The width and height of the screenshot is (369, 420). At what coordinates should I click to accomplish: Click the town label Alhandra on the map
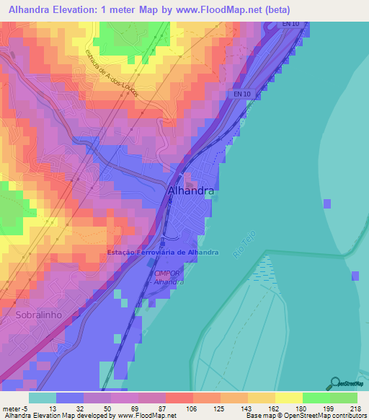coord(190,192)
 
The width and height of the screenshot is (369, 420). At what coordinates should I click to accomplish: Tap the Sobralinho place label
coord(40,315)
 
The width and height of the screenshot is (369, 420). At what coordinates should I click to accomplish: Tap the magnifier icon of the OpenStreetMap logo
coord(335,383)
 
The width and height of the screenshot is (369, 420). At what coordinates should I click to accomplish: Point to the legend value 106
coord(192,408)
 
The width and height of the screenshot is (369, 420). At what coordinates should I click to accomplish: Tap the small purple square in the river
coord(327,204)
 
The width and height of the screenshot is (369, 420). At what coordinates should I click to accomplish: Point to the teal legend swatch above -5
coord(43,398)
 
